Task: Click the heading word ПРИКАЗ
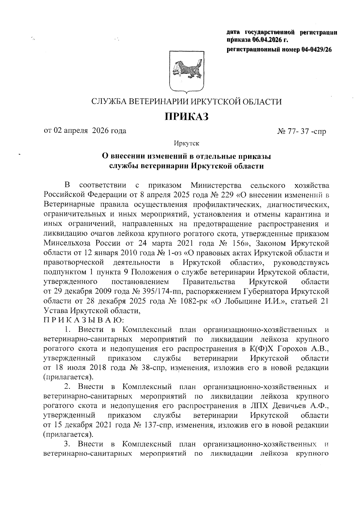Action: pos(186,116)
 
